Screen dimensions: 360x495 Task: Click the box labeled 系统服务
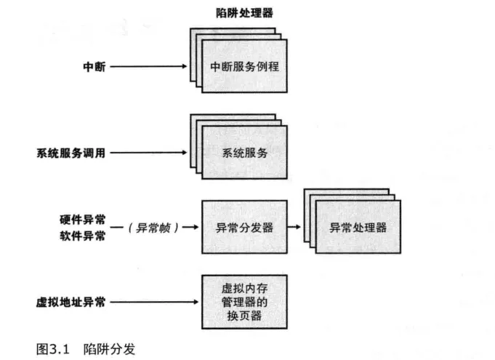244,153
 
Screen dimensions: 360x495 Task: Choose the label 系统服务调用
71,153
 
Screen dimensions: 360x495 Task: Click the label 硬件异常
83,219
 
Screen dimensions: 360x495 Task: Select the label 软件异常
83,236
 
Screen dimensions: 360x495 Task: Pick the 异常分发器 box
244,227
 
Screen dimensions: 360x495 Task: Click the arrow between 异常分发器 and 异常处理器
296,227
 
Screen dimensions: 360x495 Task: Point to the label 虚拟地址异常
71,301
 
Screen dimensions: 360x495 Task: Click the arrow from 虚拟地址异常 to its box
153,301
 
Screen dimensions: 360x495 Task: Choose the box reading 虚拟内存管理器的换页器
244,301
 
